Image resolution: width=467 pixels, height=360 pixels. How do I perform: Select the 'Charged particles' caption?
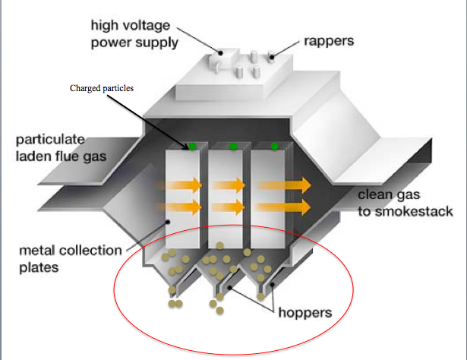pos(102,89)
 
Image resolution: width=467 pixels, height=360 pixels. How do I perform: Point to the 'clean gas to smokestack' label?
pos(405,204)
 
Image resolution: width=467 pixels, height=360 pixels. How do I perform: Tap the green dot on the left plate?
pos(194,146)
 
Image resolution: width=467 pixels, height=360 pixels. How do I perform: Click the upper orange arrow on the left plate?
pos(185,185)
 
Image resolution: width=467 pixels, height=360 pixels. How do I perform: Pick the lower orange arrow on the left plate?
pos(185,206)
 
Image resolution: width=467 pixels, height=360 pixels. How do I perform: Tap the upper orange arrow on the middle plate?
pos(228,185)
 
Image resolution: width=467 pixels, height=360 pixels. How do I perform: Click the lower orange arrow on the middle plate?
pos(228,206)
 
